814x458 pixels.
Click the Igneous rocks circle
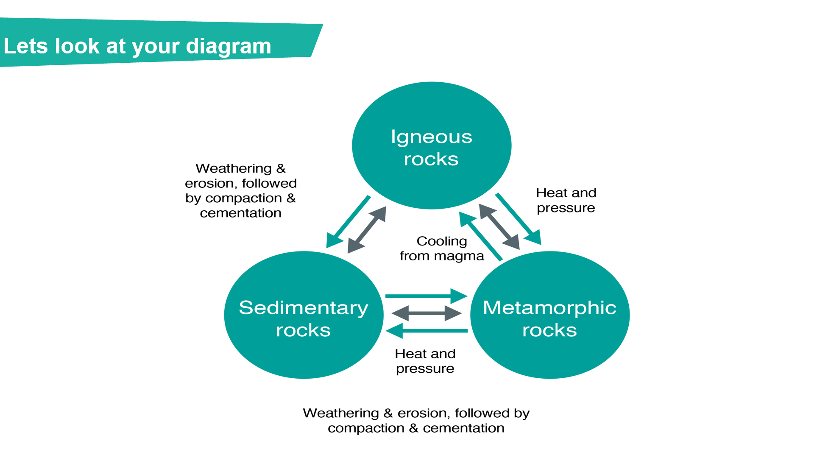pyautogui.click(x=432, y=145)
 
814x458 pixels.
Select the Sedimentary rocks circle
pyautogui.click(x=304, y=315)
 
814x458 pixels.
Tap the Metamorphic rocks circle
pyautogui.click(x=550, y=315)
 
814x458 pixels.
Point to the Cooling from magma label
pyautogui.click(x=442, y=249)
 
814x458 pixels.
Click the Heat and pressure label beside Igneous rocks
pyautogui.click(x=566, y=200)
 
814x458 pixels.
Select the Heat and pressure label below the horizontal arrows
pyautogui.click(x=425, y=361)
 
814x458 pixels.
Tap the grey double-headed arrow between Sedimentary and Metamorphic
pyautogui.click(x=427, y=313)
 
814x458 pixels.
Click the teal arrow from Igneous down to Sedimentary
pyautogui.click(x=347, y=222)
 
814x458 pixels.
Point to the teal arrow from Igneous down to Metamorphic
pyautogui.click(x=518, y=219)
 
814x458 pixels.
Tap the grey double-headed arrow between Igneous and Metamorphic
pyautogui.click(x=499, y=226)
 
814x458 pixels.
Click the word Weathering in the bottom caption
pyautogui.click(x=341, y=413)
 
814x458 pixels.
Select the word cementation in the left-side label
pyautogui.click(x=240, y=213)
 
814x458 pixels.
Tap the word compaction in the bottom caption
pyautogui.click(x=366, y=428)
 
